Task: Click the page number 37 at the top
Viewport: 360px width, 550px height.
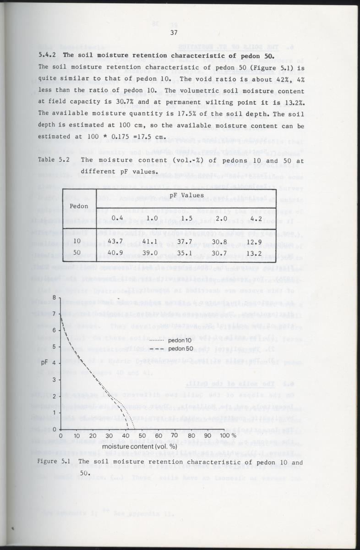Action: pos(174,32)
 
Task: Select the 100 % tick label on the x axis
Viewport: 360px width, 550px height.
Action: pos(228,435)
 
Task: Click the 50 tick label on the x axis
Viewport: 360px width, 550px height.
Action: pos(142,435)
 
